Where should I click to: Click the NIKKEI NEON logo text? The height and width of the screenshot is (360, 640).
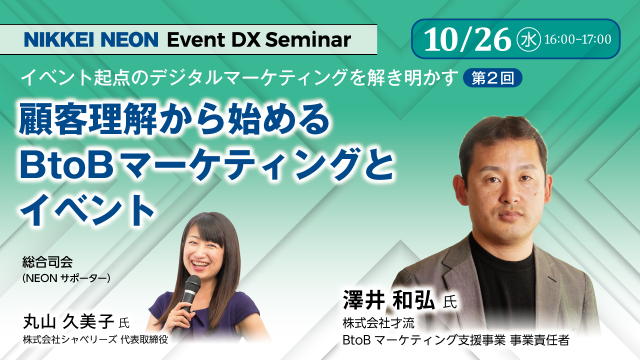click(91, 39)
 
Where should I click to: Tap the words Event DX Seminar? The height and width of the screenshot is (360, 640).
click(258, 39)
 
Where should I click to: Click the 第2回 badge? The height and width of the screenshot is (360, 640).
click(492, 78)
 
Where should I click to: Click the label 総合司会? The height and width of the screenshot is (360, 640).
click(47, 261)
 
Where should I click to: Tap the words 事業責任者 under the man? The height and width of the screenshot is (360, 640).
click(539, 340)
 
